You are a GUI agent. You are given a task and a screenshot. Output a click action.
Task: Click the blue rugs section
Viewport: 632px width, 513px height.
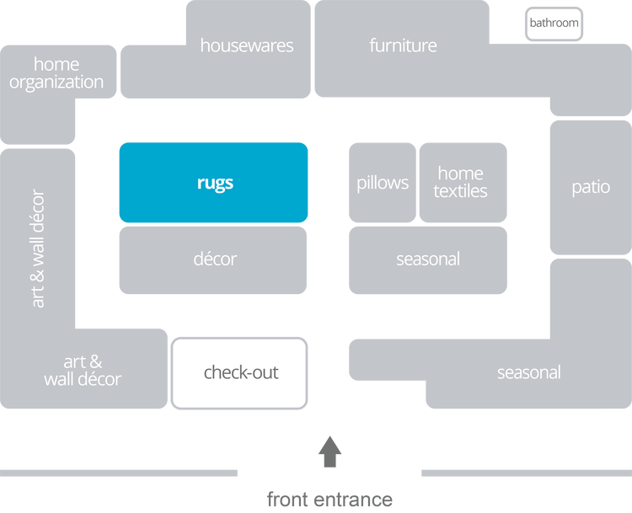(x=213, y=183)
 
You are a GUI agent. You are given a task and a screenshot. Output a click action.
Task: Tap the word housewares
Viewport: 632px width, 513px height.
(x=246, y=45)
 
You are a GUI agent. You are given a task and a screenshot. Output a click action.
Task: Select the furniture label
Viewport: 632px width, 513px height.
(x=403, y=45)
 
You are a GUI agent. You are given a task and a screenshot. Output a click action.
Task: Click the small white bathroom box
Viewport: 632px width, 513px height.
(x=554, y=23)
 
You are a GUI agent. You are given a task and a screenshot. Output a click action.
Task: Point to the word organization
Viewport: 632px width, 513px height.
(x=56, y=83)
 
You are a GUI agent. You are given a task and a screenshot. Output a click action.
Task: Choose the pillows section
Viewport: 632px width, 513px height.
(x=382, y=183)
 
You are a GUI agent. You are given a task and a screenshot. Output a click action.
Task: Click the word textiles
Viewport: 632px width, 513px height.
(x=460, y=192)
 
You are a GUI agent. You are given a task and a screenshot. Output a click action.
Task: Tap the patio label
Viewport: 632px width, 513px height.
(x=590, y=187)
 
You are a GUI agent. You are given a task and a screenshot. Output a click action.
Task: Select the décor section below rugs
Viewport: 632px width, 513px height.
(x=214, y=259)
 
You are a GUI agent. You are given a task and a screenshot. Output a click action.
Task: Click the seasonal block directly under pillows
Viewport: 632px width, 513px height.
(x=428, y=259)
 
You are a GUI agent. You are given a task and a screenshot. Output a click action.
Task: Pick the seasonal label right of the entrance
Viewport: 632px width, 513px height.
(x=528, y=372)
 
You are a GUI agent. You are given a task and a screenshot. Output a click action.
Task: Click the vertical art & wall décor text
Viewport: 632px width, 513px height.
(x=39, y=248)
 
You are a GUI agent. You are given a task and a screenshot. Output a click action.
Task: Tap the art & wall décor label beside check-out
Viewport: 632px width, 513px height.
(x=83, y=371)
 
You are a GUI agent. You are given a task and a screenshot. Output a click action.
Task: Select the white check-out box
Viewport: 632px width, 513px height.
(x=240, y=372)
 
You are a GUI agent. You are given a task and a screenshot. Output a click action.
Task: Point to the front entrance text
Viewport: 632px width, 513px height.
(x=329, y=499)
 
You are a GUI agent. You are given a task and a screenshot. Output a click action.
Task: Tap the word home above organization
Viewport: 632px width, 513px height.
(x=56, y=64)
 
